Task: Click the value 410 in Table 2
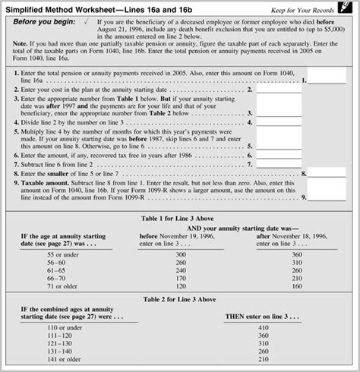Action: pyautogui.click(x=263, y=328)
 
